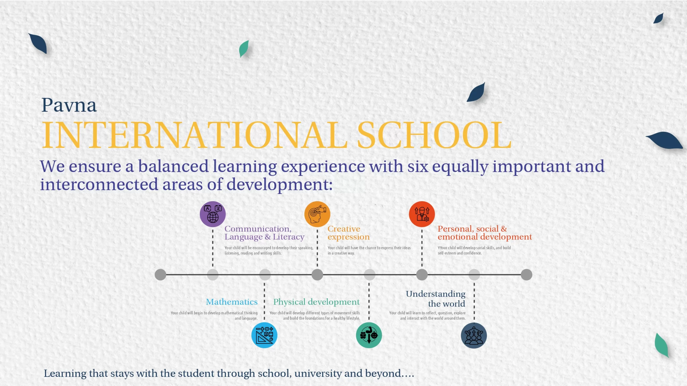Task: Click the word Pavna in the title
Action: pos(69,105)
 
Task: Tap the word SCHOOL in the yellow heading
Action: pos(434,135)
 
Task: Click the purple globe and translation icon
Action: pos(213,214)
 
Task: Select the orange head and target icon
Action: pos(317,214)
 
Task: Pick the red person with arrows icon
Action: pos(422,214)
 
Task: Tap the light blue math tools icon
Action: pos(264,335)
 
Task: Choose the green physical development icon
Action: pos(369,335)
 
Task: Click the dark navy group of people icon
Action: pos(474,336)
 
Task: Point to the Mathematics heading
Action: pos(232,302)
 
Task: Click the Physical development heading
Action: pos(316,302)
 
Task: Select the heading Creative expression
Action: pos(349,233)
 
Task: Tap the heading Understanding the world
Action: pos(436,299)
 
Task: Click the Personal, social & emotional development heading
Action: pos(485,233)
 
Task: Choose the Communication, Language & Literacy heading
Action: pos(264,233)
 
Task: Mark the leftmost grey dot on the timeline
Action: pos(160,275)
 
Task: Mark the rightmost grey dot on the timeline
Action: pos(527,275)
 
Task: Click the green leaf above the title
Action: pos(244,49)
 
